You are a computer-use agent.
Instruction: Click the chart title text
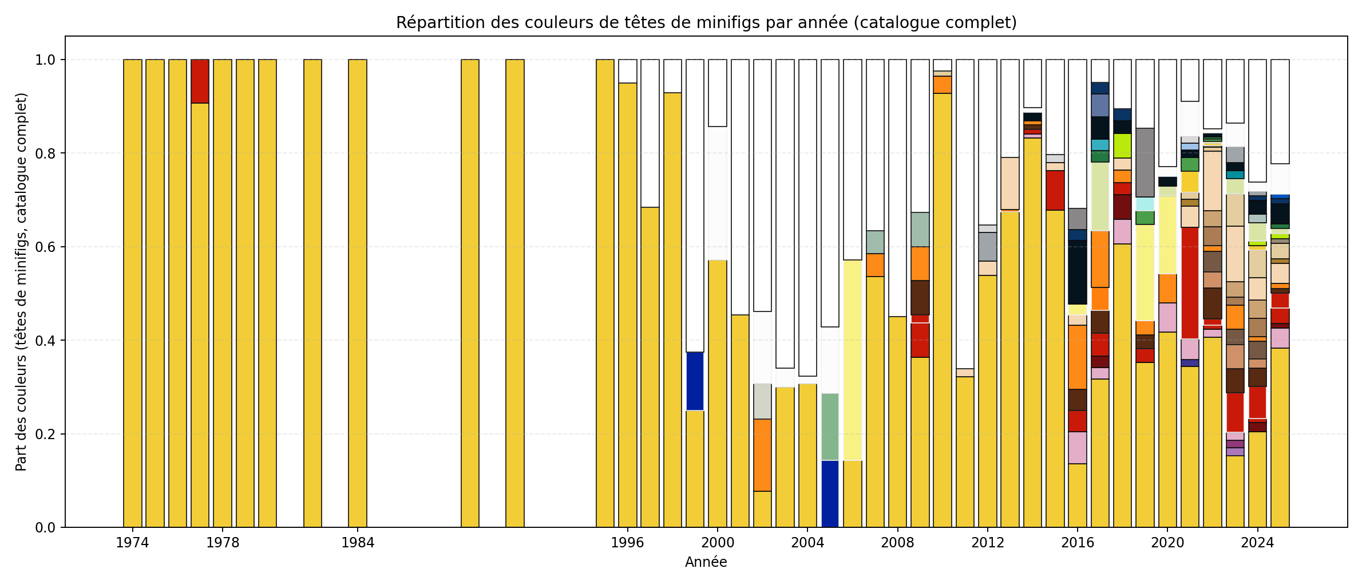[x=706, y=23]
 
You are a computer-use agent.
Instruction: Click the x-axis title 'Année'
[x=706, y=562]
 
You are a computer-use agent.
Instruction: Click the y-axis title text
[x=21, y=282]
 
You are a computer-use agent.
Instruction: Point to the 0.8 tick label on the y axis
[x=46, y=153]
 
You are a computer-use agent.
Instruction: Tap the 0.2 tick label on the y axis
[x=46, y=434]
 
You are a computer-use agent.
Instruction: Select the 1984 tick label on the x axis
[x=358, y=543]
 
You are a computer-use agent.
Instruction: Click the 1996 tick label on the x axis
[x=627, y=543]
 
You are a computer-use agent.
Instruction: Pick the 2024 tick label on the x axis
[x=1257, y=543]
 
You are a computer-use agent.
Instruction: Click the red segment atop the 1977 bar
[x=200, y=81]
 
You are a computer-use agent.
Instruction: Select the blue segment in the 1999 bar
[x=695, y=381]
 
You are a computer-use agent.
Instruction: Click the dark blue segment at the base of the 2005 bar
[x=830, y=494]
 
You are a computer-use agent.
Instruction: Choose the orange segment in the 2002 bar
[x=762, y=455]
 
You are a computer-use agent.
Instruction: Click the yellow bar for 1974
[x=133, y=293]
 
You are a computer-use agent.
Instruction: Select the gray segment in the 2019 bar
[x=1145, y=163]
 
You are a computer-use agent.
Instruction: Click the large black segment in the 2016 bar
[x=1078, y=273]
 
